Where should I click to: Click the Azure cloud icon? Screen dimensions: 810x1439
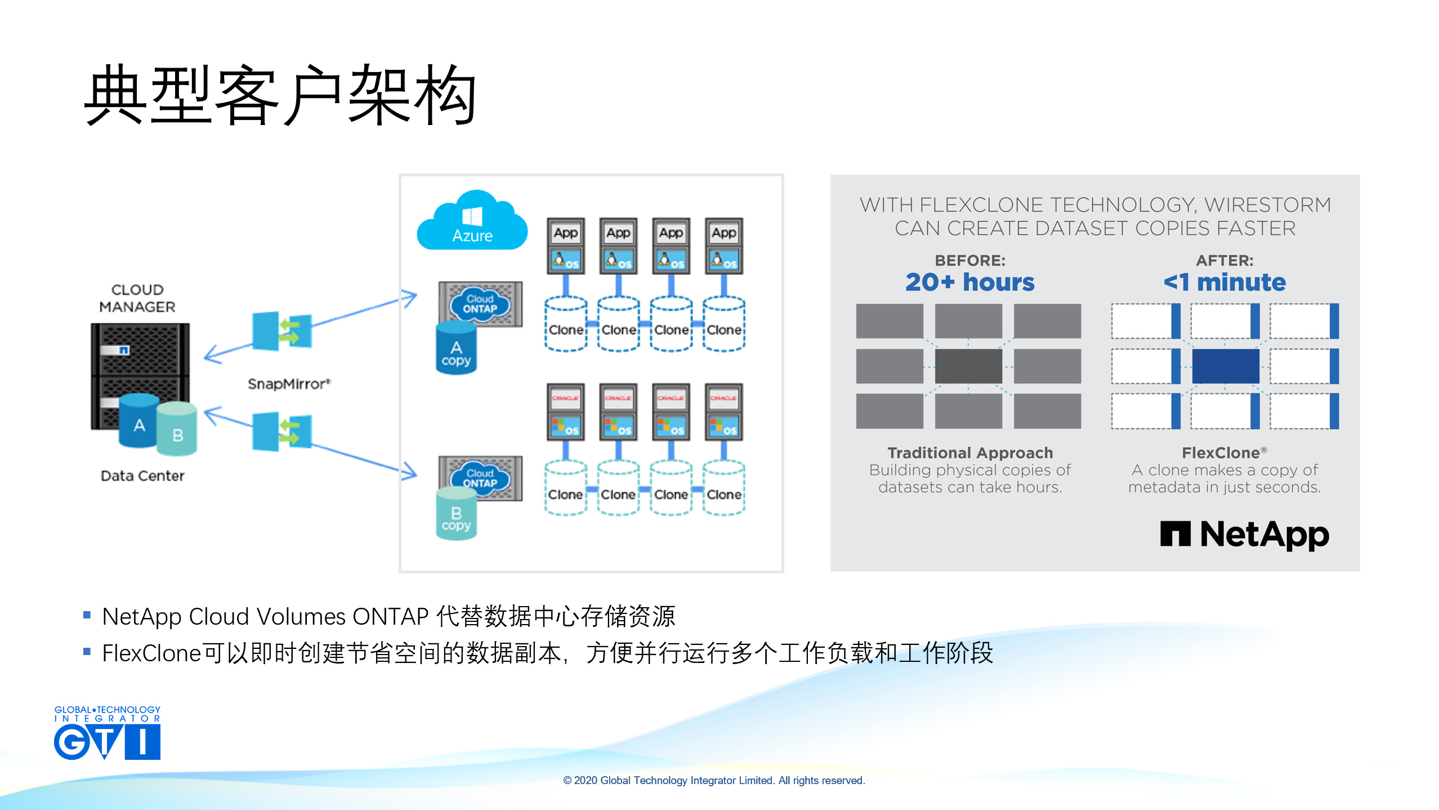[x=472, y=222]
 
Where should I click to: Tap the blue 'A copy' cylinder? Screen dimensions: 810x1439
[x=456, y=349]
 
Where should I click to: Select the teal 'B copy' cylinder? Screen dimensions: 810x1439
[x=456, y=515]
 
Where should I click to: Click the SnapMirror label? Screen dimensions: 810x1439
[x=289, y=384]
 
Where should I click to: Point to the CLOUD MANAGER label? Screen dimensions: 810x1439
[x=137, y=298]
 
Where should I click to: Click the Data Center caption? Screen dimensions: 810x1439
[x=142, y=476]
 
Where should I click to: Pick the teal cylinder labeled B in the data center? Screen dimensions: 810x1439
[x=177, y=429]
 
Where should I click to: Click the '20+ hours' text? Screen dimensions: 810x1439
[x=969, y=282]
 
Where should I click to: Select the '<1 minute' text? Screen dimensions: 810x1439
[x=1225, y=282]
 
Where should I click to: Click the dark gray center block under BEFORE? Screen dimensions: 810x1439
[x=968, y=366]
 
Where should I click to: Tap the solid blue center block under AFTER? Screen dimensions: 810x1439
[x=1225, y=366]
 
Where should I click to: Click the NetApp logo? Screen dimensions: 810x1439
[x=1244, y=535]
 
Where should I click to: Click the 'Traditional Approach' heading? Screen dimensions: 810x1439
[x=969, y=453]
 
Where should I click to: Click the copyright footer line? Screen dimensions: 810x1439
[x=713, y=780]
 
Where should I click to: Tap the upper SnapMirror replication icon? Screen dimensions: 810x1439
[x=281, y=331]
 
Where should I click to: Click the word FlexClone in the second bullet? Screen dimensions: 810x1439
[x=151, y=653]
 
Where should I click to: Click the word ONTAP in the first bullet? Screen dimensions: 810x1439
[x=390, y=617]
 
